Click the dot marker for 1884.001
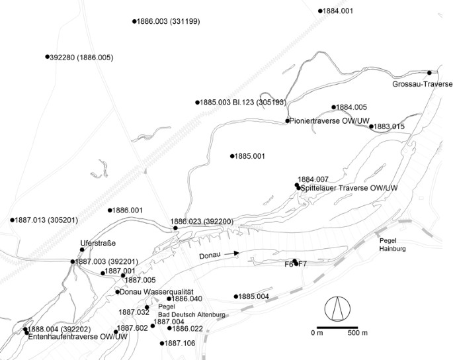320,11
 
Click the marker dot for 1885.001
232,156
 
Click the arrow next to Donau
229,253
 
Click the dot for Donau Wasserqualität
118,292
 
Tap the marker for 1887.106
162,343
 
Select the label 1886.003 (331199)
169,22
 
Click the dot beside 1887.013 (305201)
12,220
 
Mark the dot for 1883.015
371,126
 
